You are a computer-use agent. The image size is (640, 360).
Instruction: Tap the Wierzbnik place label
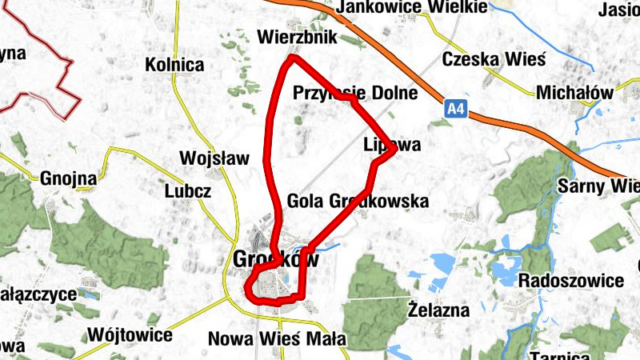tap(298, 37)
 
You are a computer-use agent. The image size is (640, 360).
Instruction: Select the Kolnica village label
tap(174, 65)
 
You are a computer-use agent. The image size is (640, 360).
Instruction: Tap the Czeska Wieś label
tap(493, 59)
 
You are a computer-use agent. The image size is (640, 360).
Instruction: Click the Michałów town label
tap(574, 93)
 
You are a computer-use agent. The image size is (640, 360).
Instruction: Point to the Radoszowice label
tap(570, 281)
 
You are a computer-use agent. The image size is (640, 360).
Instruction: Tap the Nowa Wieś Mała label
tap(277, 338)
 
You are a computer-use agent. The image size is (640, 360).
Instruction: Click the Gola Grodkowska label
tap(357, 201)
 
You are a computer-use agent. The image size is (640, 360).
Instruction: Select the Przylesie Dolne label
tap(355, 93)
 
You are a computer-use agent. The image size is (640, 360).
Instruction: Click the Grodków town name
tap(276, 259)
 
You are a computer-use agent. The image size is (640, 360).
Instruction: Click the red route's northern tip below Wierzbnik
tap(294, 58)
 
